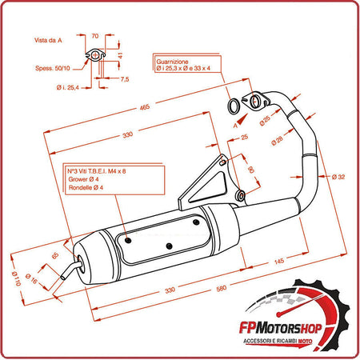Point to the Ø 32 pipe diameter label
click(337, 177)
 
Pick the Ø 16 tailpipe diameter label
click(35, 282)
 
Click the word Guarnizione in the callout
click(173, 62)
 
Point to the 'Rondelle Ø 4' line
click(86, 187)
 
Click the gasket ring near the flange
click(231, 107)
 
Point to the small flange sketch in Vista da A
click(96, 56)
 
